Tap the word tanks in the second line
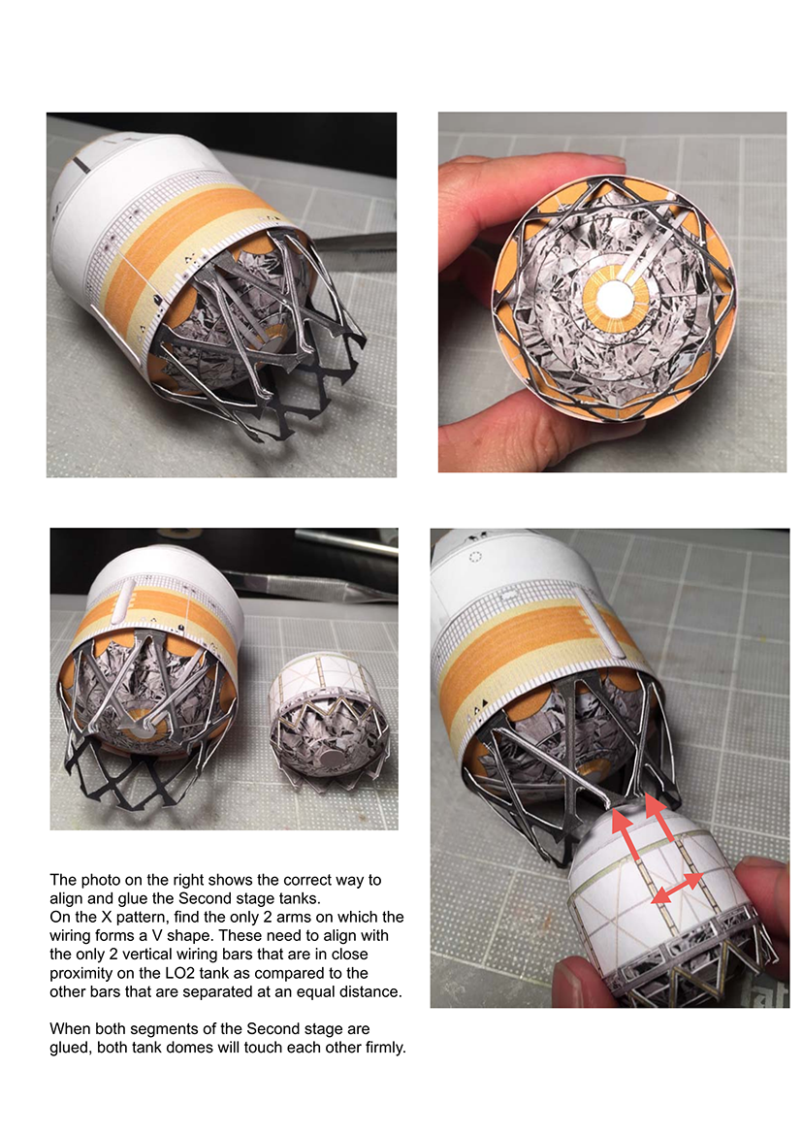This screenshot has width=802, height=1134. pyautogui.click(x=300, y=898)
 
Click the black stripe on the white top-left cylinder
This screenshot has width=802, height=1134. pyautogui.click(x=81, y=164)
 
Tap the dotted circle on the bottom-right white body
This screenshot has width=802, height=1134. pyautogui.click(x=475, y=557)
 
